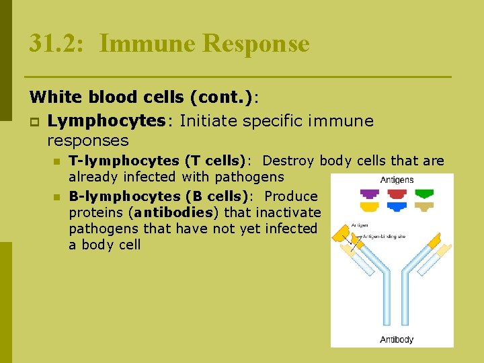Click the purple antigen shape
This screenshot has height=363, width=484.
pyautogui.click(x=370, y=193)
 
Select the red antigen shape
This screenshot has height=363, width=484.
pyautogui.click(x=397, y=193)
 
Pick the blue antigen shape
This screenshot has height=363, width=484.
pyautogui.click(x=397, y=206)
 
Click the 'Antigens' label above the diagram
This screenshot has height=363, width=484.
pyautogui.click(x=397, y=180)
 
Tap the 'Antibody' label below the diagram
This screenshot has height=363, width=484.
pyautogui.click(x=397, y=339)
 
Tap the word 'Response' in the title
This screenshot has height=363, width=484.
pyautogui.click(x=255, y=44)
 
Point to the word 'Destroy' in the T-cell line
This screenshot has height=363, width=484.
pyautogui.click(x=289, y=161)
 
